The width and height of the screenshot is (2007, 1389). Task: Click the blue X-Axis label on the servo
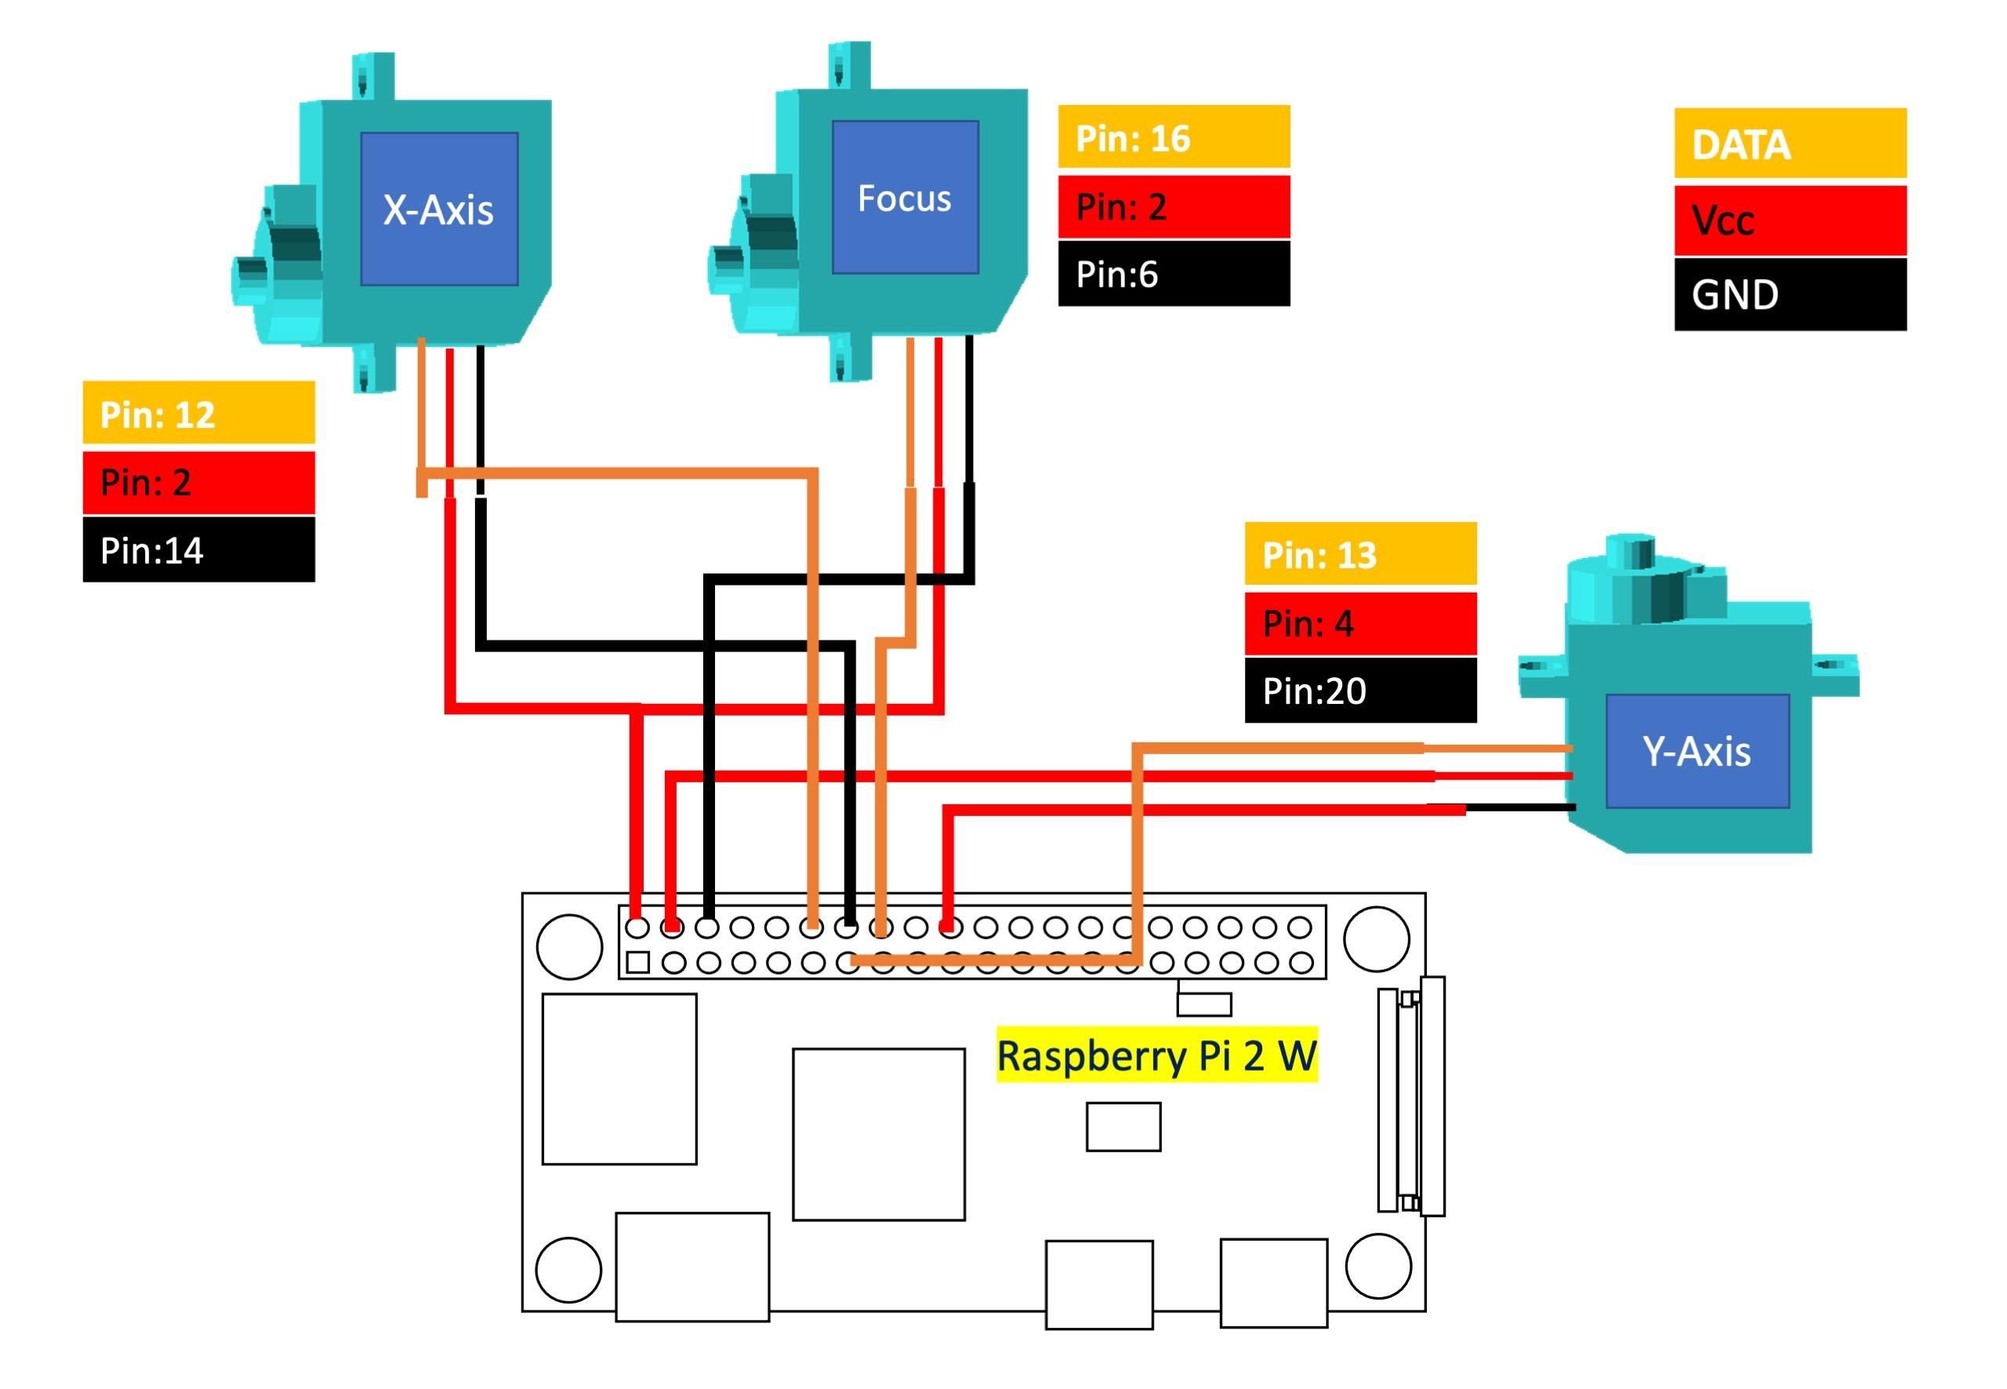click(x=439, y=209)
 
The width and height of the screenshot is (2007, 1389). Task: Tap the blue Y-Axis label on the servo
click(x=1697, y=751)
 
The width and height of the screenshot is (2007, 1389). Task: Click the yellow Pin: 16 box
click(x=1173, y=137)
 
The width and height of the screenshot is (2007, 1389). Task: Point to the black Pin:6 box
click(x=1173, y=274)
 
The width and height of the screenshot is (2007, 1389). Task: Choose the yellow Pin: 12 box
click(x=198, y=413)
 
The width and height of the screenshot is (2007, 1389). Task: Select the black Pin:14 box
click(x=198, y=550)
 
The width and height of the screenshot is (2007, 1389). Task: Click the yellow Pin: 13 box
click(x=1359, y=554)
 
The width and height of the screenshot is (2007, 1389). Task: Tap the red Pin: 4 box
click(x=1359, y=623)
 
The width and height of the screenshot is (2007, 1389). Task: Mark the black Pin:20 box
click(x=1359, y=690)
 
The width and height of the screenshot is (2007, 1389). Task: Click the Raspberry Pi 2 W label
click(x=1156, y=1055)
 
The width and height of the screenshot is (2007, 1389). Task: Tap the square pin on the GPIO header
click(x=638, y=963)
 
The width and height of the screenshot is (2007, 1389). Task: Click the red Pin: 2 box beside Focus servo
click(x=1173, y=207)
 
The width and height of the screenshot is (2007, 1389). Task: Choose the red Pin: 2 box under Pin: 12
click(x=198, y=482)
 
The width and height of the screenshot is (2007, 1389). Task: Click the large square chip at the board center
click(x=878, y=1134)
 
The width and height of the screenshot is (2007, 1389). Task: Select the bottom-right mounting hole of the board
click(x=1377, y=1265)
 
